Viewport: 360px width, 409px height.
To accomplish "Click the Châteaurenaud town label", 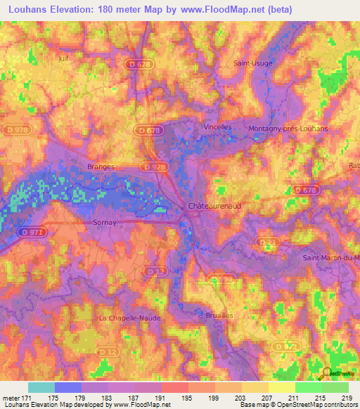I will (216, 207).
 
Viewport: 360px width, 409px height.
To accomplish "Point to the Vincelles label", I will (217, 127).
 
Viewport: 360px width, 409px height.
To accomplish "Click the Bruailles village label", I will (219, 316).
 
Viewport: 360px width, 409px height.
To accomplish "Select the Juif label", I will (66, 59).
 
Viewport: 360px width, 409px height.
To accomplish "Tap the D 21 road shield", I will (266, 242).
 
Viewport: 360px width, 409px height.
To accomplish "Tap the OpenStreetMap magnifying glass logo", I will (327, 372).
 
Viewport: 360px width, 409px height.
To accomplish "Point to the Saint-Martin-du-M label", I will (330, 257).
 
